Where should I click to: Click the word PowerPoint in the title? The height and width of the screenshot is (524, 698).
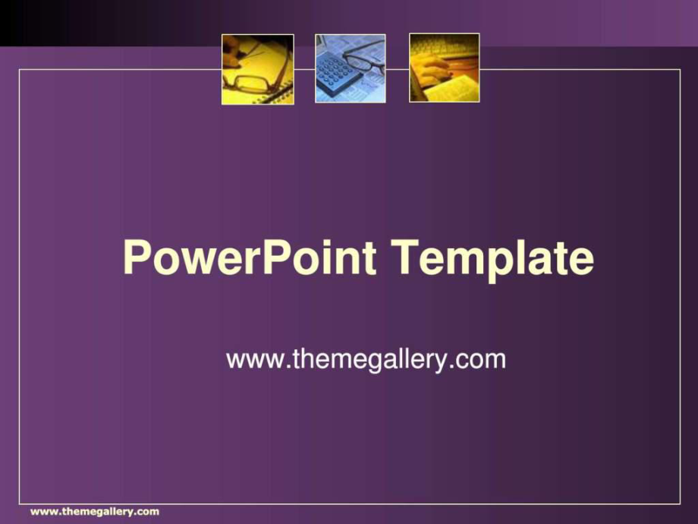pyautogui.click(x=250, y=257)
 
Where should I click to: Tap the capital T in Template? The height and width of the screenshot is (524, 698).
pyautogui.click(x=406, y=257)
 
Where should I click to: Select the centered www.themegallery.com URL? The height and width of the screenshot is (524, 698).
pyautogui.click(x=366, y=359)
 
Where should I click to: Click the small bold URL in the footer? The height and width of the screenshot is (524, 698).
pyautogui.click(x=95, y=512)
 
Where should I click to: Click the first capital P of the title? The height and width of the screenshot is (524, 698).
pyautogui.click(x=136, y=257)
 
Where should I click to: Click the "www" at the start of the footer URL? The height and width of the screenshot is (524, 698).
pyautogui.click(x=42, y=512)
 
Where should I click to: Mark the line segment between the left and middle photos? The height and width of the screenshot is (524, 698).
pyautogui.click(x=304, y=70)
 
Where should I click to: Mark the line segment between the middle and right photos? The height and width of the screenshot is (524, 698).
pyautogui.click(x=398, y=70)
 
